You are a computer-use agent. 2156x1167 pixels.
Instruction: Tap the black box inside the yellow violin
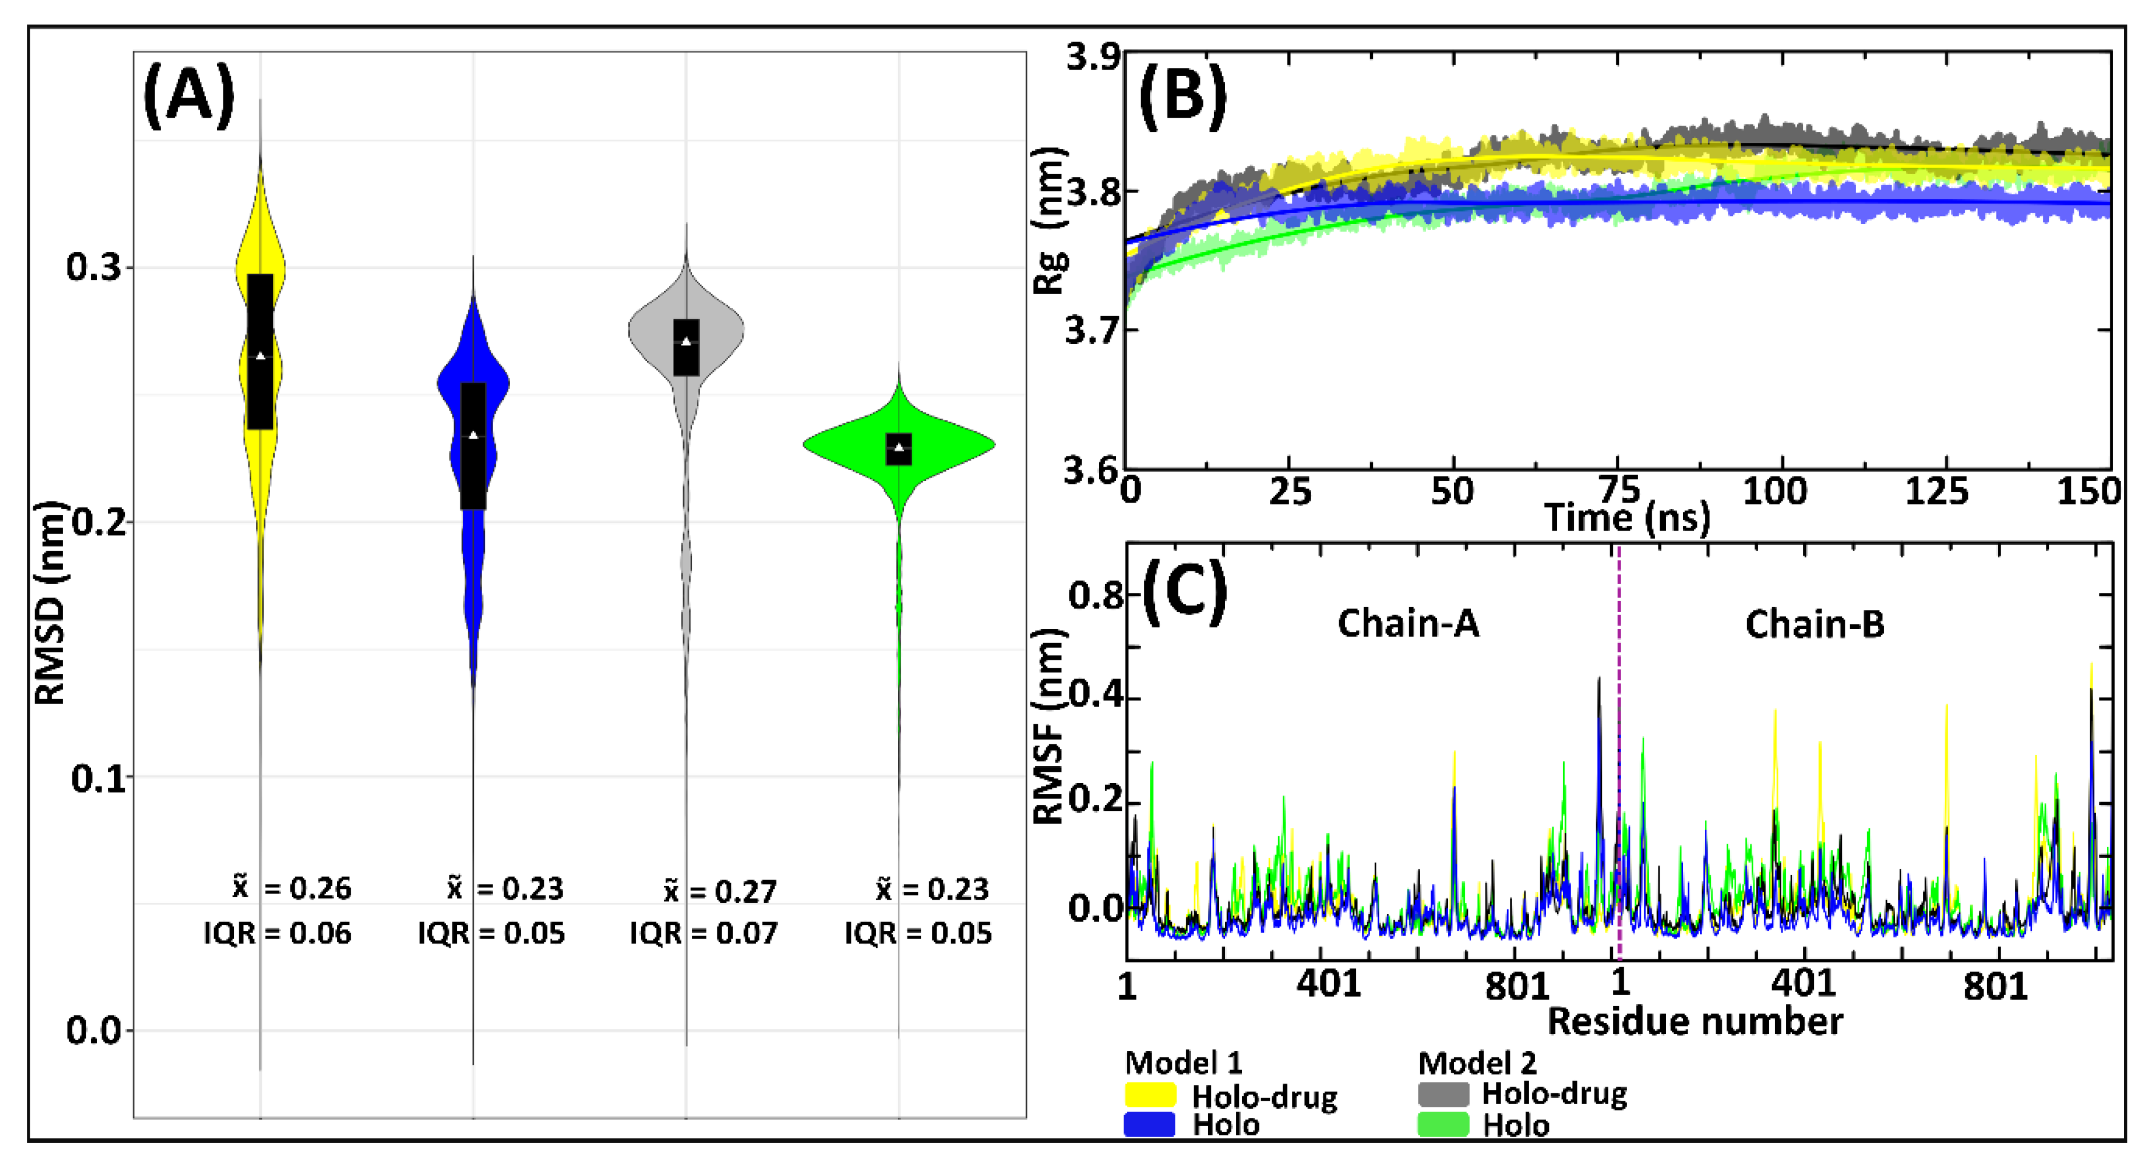coord(260,352)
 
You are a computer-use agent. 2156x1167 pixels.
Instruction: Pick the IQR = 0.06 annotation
coord(277,933)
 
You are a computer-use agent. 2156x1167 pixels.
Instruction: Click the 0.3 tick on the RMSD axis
coord(93,268)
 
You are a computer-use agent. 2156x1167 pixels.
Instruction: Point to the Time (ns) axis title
coord(1626,518)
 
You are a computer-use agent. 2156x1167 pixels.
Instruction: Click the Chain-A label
coord(1408,624)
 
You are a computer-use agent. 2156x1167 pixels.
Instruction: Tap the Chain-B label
coord(1814,624)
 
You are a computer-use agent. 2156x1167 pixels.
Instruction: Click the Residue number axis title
coord(1695,1021)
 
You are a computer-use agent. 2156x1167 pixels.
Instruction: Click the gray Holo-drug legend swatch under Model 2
coord(1443,1094)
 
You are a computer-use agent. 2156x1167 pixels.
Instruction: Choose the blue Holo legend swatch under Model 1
coord(1149,1124)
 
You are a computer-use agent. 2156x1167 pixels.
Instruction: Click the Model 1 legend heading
coord(1183,1063)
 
